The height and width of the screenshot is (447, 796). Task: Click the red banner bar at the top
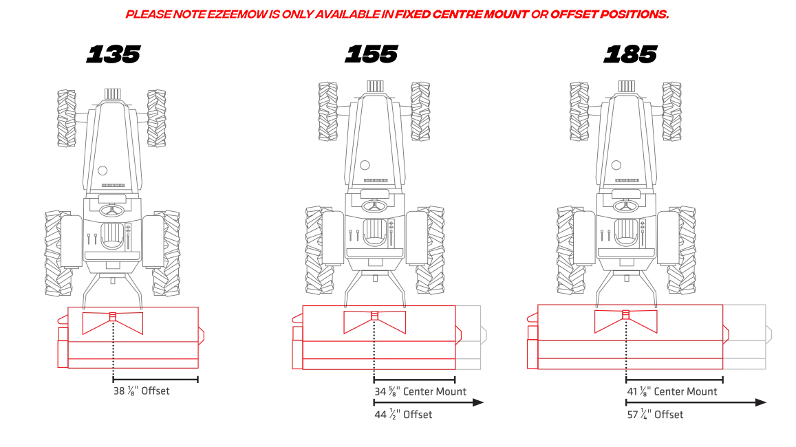point(396,14)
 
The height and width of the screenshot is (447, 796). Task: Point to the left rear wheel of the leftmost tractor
point(61,252)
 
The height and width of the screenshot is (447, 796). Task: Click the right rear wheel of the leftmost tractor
point(165,252)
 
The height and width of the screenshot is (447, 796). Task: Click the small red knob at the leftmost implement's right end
point(202,335)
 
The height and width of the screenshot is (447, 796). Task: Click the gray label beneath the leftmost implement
point(140,391)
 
